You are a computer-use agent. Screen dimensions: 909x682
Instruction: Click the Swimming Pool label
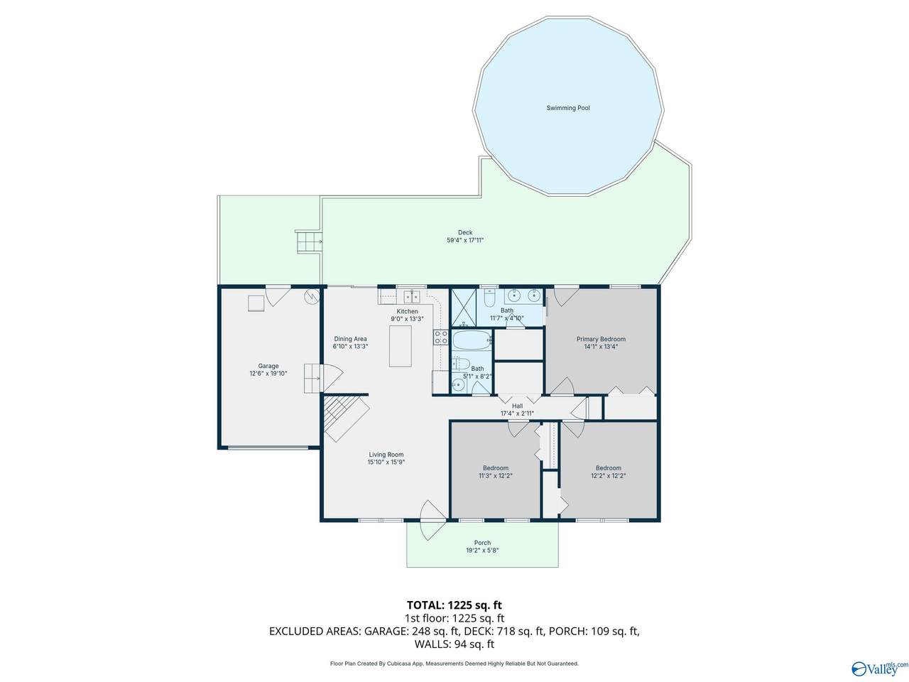[x=567, y=108]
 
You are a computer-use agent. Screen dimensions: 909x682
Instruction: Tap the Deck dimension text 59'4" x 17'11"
[x=464, y=240]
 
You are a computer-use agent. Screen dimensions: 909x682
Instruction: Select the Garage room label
[x=268, y=366]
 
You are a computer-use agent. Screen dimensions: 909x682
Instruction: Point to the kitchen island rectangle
[x=400, y=346]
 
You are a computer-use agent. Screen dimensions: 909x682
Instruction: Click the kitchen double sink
[x=412, y=296]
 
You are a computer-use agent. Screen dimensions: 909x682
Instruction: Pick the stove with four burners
[x=440, y=337]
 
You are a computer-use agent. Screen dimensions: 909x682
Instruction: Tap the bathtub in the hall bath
[x=472, y=340]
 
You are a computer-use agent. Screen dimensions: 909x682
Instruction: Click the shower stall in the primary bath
[x=463, y=307]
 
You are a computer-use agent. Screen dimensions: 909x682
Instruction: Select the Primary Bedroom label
[x=601, y=339]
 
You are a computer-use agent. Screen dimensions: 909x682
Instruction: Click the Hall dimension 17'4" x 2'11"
[x=517, y=413]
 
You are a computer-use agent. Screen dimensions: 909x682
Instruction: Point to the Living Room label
[x=386, y=455]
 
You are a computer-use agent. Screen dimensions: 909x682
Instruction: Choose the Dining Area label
[x=350, y=339]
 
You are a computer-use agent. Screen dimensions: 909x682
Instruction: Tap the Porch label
[x=482, y=543]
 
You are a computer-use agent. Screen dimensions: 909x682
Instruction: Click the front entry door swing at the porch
[x=432, y=520]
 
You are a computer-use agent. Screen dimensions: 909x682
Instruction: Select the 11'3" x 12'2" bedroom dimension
[x=495, y=476]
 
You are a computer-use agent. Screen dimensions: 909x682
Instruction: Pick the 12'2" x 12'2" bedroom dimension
[x=608, y=476]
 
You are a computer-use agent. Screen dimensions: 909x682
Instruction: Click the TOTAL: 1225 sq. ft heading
[x=454, y=605]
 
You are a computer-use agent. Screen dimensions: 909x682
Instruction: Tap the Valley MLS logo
[x=880, y=669]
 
